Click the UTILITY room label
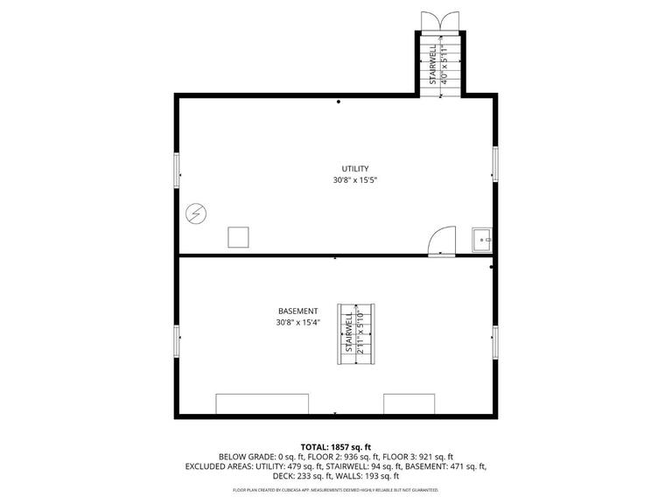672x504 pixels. [x=354, y=169]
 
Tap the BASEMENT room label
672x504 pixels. [x=297, y=311]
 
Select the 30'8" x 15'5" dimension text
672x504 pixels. [x=354, y=180]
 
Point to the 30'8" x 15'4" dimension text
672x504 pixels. [x=297, y=322]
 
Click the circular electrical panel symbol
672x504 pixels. [x=195, y=213]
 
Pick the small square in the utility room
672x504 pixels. [x=238, y=237]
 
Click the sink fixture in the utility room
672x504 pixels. [x=481, y=239]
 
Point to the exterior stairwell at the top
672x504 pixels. [x=438, y=61]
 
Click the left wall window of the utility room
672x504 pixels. [x=178, y=170]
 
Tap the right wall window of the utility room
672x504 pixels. [x=495, y=164]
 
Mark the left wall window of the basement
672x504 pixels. [x=178, y=341]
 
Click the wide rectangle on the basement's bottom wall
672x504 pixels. [x=262, y=403]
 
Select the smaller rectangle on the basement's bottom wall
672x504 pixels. [x=409, y=403]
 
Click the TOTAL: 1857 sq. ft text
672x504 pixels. [x=336, y=446]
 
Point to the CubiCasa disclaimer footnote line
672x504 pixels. [x=336, y=491]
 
